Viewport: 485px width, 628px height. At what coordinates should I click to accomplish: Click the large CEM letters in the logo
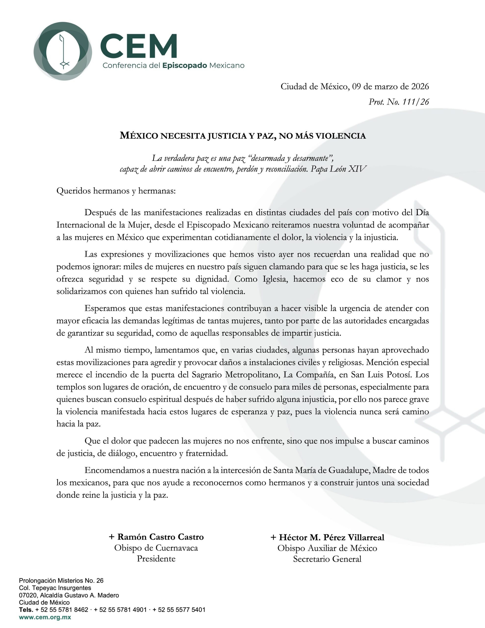click(x=138, y=46)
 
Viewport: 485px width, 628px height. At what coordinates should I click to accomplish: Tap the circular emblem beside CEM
click(x=63, y=51)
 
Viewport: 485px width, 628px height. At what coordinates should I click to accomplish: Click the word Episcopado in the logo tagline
click(x=185, y=65)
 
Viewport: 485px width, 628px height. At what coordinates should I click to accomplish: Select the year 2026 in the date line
click(x=420, y=86)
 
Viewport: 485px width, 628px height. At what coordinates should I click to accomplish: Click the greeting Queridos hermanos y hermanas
click(x=116, y=191)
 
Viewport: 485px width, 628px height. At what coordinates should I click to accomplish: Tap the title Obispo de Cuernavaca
click(x=156, y=548)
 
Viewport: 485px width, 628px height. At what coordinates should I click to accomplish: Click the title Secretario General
click(x=327, y=559)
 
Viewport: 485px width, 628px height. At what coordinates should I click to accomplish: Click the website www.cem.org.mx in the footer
click(x=45, y=617)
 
